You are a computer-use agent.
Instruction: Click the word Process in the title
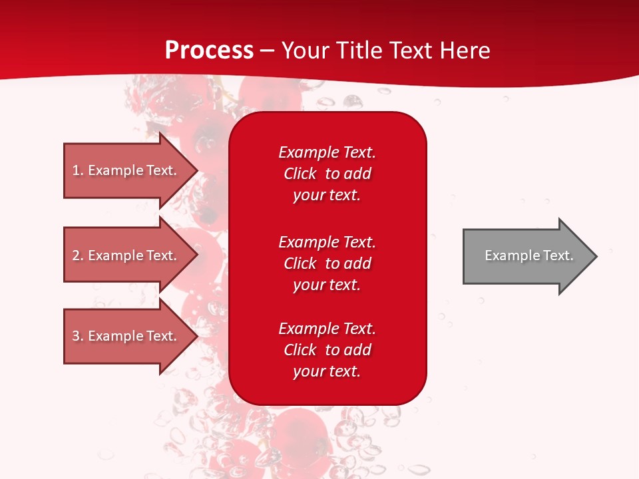[x=209, y=51]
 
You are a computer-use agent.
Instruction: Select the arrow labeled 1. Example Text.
[x=124, y=170]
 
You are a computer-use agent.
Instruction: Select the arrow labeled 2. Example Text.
[x=124, y=255]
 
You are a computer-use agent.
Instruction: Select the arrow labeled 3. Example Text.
[x=124, y=336]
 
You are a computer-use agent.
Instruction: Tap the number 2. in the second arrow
[x=78, y=255]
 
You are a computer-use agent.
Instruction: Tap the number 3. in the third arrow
[x=78, y=336]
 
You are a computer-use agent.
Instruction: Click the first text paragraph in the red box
[x=327, y=174]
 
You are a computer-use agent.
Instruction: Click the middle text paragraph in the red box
[x=327, y=263]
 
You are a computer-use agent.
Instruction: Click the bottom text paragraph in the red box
[x=327, y=350]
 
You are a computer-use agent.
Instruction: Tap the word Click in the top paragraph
[x=300, y=174]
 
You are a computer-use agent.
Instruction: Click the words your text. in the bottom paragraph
[x=327, y=371]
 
